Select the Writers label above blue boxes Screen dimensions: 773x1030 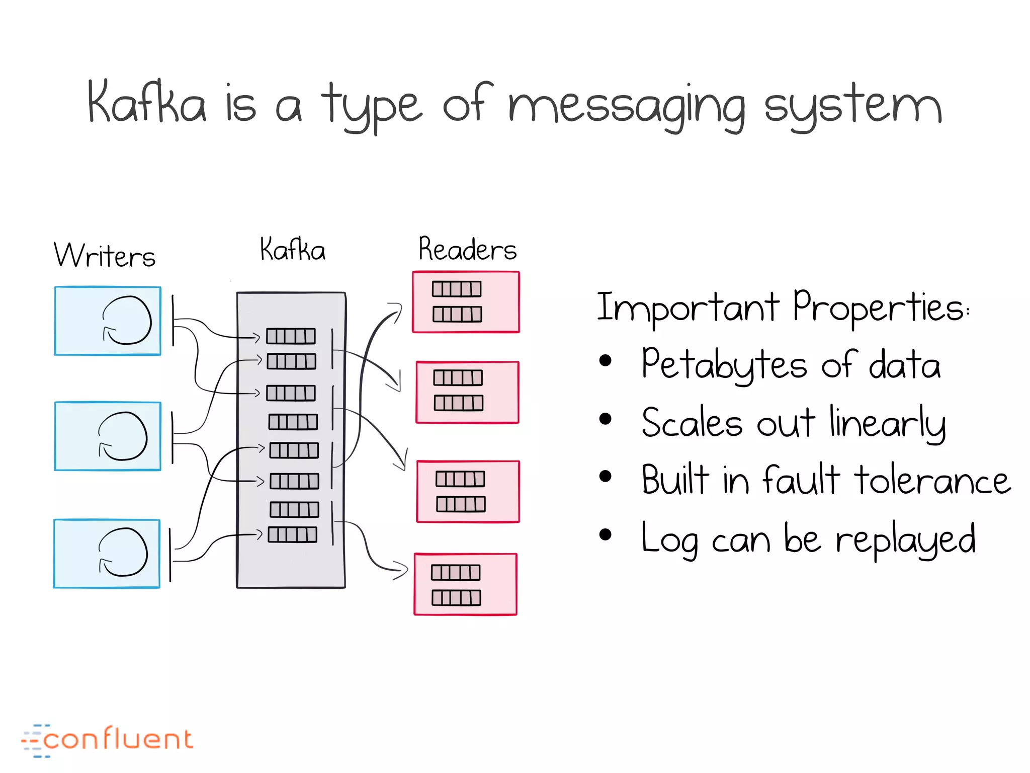point(105,255)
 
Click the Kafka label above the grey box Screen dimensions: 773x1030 point(292,249)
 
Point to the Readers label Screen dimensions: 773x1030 point(467,249)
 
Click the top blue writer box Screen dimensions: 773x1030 point(108,321)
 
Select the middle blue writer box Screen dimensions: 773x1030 point(108,436)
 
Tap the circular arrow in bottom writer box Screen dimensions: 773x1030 point(123,552)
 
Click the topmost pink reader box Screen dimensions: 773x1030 point(466,302)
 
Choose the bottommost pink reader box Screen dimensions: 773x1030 point(465,584)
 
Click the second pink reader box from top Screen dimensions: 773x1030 point(467,392)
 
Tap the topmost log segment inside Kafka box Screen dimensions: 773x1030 point(291,336)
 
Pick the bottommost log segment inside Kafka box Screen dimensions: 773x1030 point(292,534)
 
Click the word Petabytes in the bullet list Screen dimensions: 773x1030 point(724,365)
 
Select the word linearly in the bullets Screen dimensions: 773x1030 point(887,423)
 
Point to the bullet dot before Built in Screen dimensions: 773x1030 point(606,476)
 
